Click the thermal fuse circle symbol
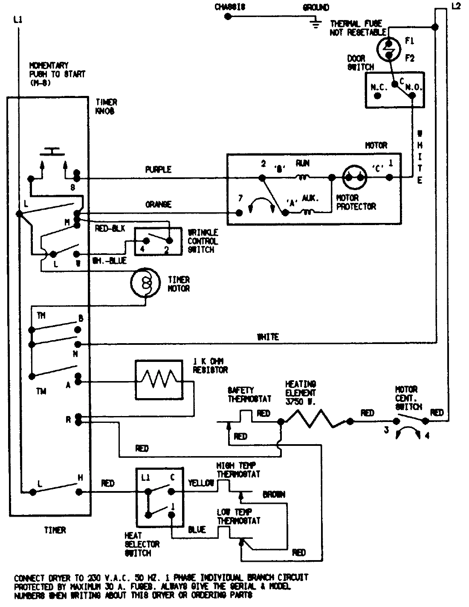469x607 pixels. [388, 49]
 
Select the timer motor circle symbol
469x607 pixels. [145, 283]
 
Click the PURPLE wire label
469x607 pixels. [158, 170]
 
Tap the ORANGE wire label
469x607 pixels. [158, 205]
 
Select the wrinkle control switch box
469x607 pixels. [158, 242]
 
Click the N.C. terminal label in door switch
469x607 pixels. [379, 87]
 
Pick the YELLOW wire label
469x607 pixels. [201, 483]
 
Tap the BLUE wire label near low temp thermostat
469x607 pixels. [197, 529]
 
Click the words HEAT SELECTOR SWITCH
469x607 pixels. [142, 544]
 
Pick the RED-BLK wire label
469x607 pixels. [110, 229]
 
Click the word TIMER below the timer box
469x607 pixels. [55, 530]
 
